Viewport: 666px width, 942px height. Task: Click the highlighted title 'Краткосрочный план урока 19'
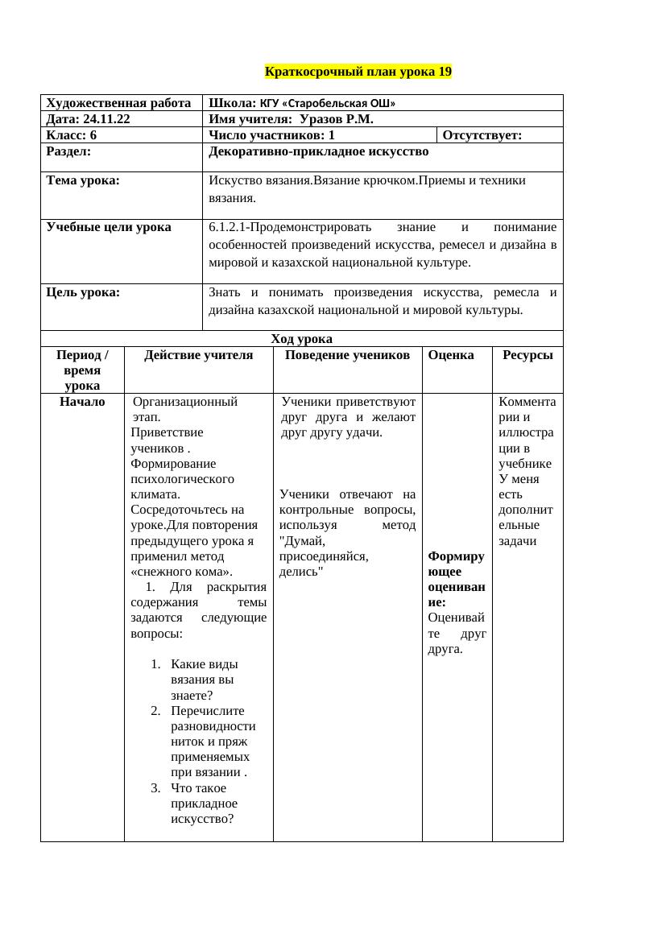point(358,72)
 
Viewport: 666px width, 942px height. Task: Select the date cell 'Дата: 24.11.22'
point(89,119)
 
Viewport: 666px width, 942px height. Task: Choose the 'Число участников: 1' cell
point(271,135)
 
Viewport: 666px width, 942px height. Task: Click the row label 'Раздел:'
point(68,151)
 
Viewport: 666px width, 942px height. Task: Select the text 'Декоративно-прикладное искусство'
point(318,151)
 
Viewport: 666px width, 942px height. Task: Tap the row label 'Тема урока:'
point(84,180)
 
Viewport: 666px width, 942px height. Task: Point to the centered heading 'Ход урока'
point(301,338)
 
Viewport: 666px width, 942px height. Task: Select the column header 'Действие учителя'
point(198,354)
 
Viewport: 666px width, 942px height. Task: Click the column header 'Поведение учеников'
point(347,354)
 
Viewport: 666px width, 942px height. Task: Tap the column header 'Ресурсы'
point(527,354)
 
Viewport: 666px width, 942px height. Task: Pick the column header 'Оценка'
point(451,354)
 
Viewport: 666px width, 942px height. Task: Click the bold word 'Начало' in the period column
point(82,401)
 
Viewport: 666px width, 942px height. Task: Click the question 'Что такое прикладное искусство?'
point(205,804)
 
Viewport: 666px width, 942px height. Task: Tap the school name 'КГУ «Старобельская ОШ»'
point(327,103)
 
